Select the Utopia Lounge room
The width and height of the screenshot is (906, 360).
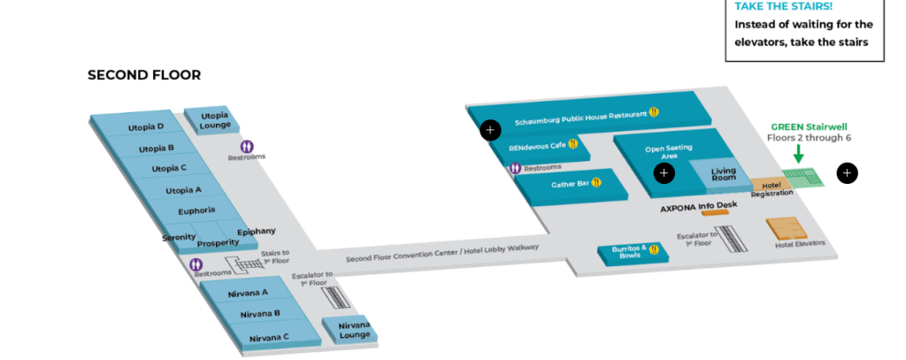215,120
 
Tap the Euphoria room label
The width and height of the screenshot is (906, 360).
196,211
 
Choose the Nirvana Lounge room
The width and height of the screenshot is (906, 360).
354,330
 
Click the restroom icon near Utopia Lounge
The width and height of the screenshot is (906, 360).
247,146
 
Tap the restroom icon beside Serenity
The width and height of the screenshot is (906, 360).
196,264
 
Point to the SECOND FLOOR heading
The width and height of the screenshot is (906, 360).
144,75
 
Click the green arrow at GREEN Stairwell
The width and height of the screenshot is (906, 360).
798,154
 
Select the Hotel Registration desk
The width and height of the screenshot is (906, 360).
766,187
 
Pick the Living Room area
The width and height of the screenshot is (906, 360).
723,173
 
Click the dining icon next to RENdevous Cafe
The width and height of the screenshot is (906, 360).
573,144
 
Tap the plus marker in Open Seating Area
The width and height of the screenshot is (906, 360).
664,172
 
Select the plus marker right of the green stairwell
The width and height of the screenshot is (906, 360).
847,172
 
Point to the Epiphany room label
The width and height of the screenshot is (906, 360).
256,232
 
